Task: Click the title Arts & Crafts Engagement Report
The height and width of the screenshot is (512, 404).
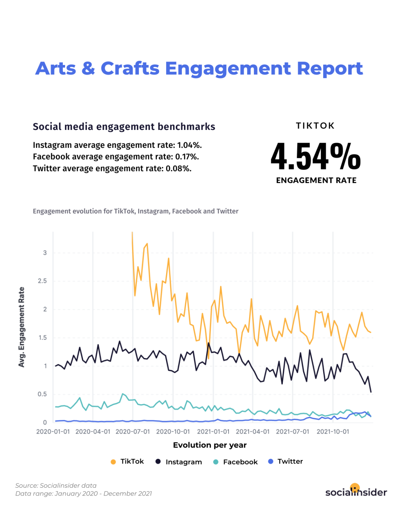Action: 199,69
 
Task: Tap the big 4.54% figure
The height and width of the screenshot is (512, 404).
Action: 316,156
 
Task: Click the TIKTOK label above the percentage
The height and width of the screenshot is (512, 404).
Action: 315,126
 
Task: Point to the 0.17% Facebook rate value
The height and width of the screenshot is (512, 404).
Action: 187,157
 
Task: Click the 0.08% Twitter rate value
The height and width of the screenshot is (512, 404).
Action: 178,168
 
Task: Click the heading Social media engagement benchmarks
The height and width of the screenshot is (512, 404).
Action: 124,127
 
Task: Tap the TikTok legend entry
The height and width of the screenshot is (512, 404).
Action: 128,462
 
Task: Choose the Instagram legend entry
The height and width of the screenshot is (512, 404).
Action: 179,462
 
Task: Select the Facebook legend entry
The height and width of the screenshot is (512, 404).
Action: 236,462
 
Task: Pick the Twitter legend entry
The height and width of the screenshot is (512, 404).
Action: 286,462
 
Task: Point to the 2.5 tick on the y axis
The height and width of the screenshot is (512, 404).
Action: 42,281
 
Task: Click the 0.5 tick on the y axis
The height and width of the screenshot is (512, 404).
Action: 42,394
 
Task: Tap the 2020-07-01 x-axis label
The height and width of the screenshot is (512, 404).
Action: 132,432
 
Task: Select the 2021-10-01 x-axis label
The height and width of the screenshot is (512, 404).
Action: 333,432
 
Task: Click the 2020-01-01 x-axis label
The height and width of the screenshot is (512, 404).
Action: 53,432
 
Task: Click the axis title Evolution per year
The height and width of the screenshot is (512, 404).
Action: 209,445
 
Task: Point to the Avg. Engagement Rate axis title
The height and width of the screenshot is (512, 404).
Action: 22,327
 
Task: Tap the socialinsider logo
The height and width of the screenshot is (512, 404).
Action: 356,491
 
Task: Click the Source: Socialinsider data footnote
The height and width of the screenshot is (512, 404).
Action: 56,485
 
